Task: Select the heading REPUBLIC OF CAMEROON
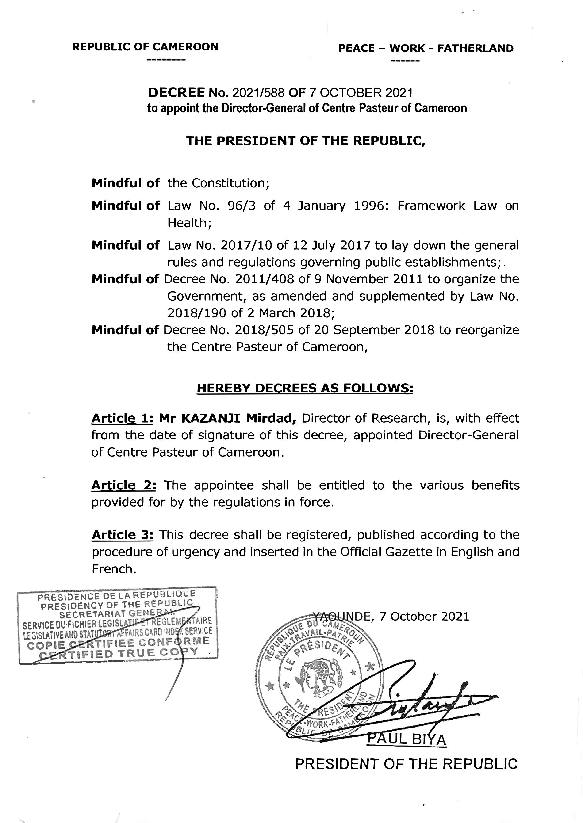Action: (x=145, y=47)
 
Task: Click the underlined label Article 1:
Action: (x=123, y=418)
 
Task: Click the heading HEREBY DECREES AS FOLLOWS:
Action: (x=305, y=388)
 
